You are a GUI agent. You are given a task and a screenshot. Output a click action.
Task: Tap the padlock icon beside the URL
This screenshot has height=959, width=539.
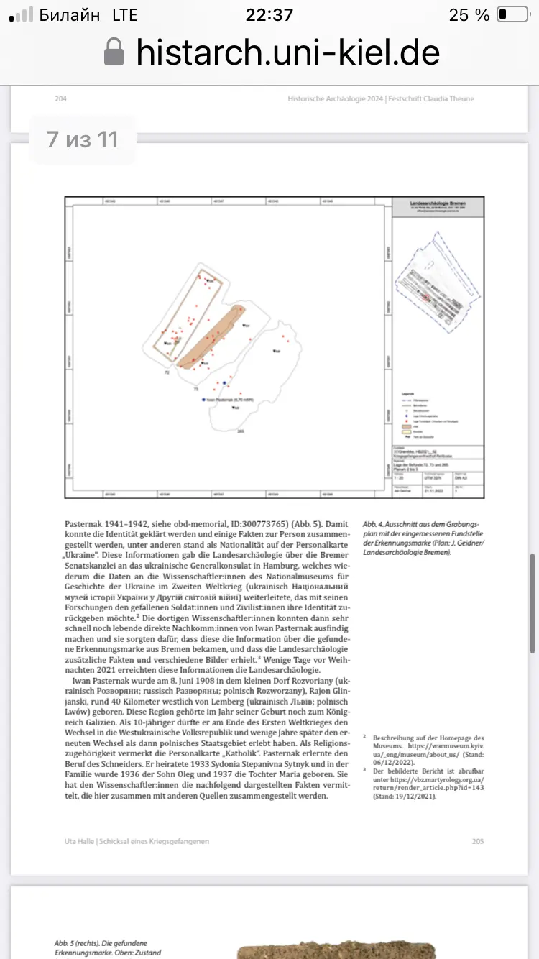(114, 52)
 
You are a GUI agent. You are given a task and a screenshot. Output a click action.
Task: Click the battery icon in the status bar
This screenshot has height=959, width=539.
(512, 14)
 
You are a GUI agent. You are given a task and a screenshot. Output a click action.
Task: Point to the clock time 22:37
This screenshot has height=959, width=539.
(269, 15)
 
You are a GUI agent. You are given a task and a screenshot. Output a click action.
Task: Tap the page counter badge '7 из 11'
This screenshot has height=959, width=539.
(82, 139)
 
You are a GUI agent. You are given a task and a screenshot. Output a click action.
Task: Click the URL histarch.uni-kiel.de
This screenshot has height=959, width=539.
(287, 52)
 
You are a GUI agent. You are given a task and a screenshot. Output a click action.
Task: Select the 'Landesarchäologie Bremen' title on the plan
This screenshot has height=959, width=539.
(436, 204)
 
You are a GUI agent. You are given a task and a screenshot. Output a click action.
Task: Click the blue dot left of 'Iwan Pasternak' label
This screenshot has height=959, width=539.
(204, 399)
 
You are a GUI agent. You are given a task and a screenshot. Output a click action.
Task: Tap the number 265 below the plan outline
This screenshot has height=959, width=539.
(241, 431)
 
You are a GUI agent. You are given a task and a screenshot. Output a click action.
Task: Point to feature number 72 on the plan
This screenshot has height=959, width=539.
(167, 373)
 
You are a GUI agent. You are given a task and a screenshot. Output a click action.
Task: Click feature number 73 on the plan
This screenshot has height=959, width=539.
(195, 388)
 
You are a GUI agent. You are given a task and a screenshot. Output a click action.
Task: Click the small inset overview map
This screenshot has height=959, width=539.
(436, 284)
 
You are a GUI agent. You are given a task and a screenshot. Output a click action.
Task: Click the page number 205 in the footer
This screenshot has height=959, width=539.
(478, 840)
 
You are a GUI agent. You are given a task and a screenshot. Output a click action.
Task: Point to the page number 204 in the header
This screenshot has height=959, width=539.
(60, 98)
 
